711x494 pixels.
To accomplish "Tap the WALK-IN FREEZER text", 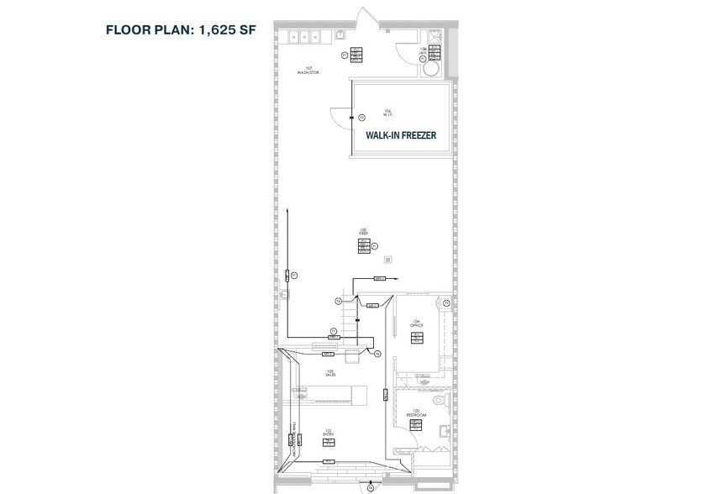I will pos(400,134).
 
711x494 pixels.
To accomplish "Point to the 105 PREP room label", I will pos(364,231).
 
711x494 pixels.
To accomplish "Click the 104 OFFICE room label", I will pos(415,324).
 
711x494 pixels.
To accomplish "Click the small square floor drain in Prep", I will pos(387,259).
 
